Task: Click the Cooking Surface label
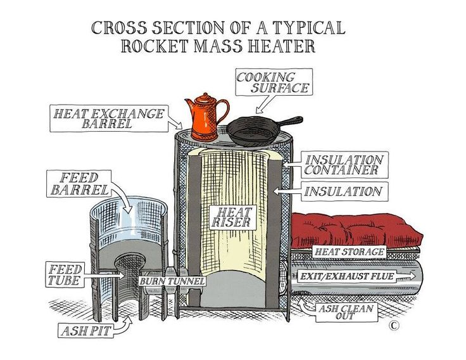point(273,82)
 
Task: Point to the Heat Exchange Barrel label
point(110,119)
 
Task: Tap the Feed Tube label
point(65,274)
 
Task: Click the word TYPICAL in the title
point(306,27)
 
